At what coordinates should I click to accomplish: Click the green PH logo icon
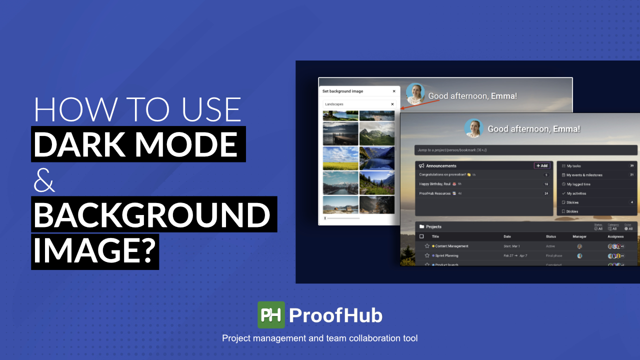click(x=271, y=315)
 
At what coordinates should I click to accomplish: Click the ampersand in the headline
click(x=44, y=180)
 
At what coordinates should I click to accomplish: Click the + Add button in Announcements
click(x=542, y=165)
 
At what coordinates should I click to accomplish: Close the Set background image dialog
click(x=394, y=91)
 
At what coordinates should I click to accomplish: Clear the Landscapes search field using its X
click(x=392, y=104)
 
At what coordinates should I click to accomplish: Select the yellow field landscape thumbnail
click(x=340, y=158)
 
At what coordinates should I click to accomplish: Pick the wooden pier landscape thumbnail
click(x=340, y=133)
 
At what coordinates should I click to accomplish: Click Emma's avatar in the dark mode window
click(x=473, y=128)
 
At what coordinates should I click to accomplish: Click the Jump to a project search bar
click(x=525, y=150)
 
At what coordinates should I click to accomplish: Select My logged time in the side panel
click(x=578, y=184)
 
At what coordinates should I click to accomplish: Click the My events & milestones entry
click(x=584, y=175)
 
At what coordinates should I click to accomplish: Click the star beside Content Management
click(x=427, y=246)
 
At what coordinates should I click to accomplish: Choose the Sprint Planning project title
click(x=446, y=255)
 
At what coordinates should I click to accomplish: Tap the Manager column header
click(x=579, y=236)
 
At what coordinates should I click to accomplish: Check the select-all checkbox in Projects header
click(x=421, y=236)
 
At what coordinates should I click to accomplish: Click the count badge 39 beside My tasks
click(x=632, y=165)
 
